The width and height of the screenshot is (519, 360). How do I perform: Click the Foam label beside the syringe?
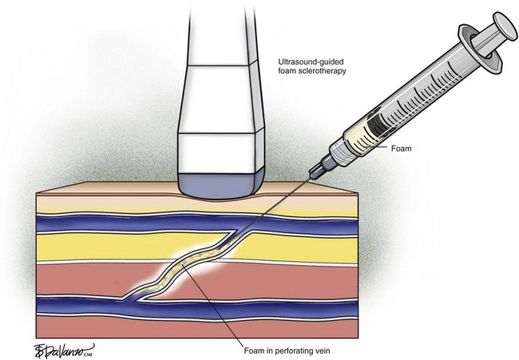pyautogui.click(x=401, y=148)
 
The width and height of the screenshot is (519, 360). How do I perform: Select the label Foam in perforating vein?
pyautogui.click(x=287, y=350)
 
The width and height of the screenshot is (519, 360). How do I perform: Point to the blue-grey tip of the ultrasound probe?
pyautogui.click(x=221, y=185)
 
